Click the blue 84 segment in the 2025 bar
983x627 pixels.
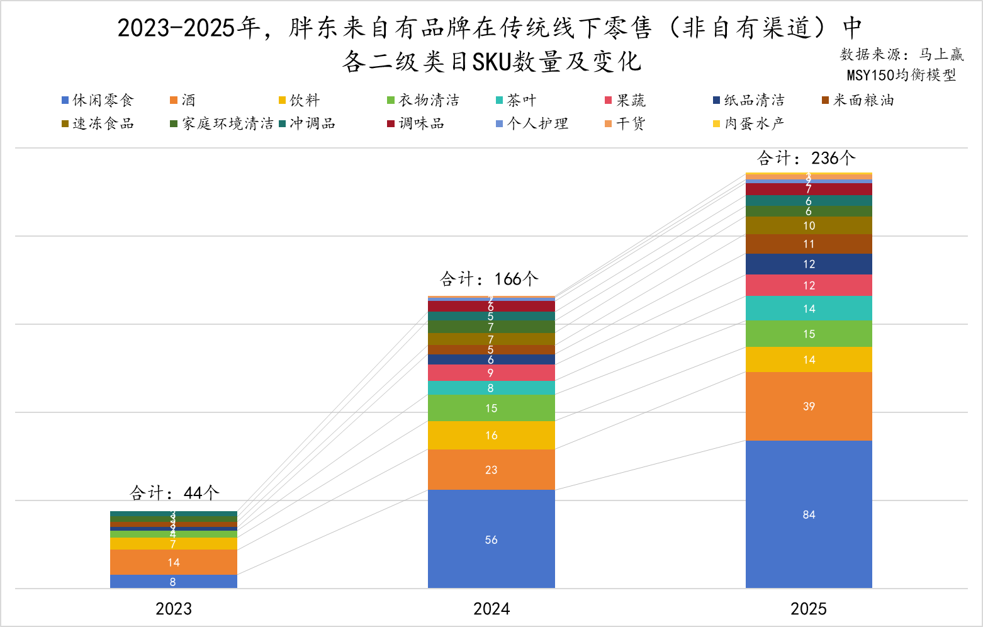coord(809,514)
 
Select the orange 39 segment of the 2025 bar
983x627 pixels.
coord(809,406)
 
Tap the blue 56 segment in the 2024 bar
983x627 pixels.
coord(491,539)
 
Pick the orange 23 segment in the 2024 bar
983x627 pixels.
coord(491,470)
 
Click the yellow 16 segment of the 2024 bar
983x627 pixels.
coord(491,435)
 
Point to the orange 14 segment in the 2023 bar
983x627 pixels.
coord(174,562)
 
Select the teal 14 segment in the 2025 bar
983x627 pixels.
coord(809,308)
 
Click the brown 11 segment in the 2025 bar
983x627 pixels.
coord(809,244)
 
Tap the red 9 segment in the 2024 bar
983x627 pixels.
coord(491,373)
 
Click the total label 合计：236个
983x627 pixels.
coord(806,158)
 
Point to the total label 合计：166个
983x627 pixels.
coord(489,279)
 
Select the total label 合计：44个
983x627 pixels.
coord(174,492)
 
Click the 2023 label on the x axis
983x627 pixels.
coord(174,609)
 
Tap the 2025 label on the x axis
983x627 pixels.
coord(809,609)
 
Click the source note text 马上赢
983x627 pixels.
coord(941,55)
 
